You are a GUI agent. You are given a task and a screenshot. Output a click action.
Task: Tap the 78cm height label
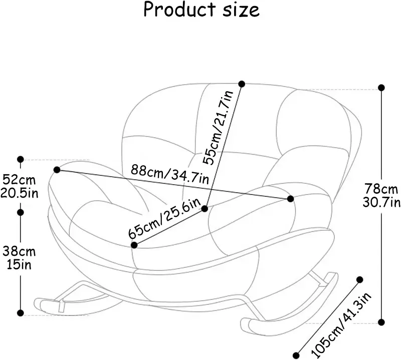[381, 189]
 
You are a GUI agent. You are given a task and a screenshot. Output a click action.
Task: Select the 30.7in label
[381, 202]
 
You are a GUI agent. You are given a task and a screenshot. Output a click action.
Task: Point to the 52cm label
[19, 179]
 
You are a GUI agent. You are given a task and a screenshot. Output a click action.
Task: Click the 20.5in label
[19, 193]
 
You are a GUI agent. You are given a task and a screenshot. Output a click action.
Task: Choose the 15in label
[19, 264]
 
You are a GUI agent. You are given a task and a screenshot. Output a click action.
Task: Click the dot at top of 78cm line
[381, 87]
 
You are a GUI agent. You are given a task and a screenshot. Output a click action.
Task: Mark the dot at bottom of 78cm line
[381, 322]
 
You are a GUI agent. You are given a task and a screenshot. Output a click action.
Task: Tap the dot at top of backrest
[242, 84]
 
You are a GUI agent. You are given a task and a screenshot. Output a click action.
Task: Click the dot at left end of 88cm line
[57, 170]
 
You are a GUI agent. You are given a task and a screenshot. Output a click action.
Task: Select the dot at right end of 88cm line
[291, 199]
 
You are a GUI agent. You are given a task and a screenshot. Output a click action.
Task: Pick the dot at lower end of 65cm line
[134, 245]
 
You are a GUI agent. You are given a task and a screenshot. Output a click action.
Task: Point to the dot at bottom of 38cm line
[21, 313]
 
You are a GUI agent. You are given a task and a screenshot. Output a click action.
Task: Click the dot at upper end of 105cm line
[360, 279]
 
